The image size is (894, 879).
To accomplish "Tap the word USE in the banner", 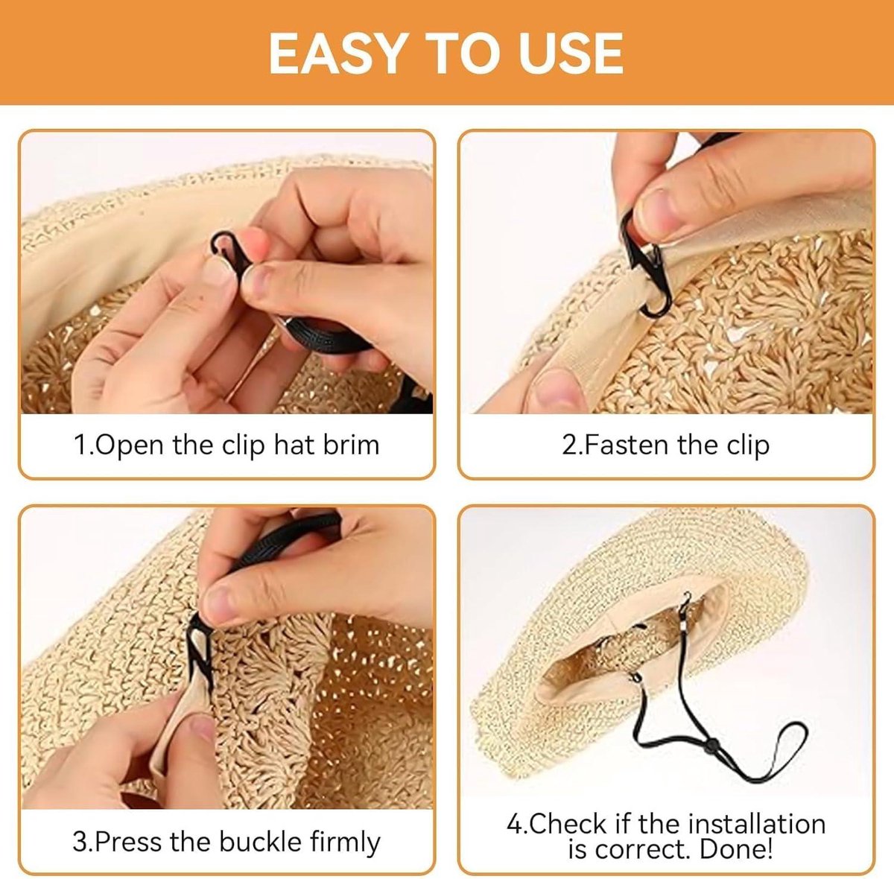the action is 571,54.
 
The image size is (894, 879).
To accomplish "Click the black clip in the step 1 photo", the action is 230,254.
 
